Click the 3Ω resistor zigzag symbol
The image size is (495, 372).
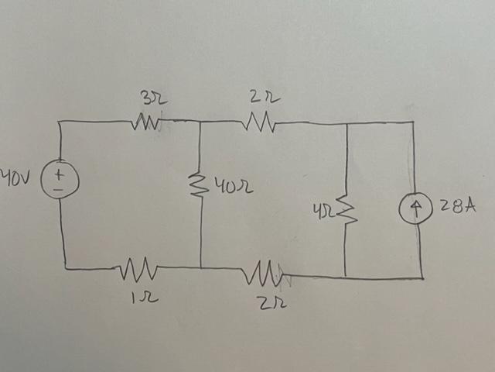tap(148, 122)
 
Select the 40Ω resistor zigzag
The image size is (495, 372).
tap(200, 186)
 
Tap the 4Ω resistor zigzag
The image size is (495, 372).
tap(346, 211)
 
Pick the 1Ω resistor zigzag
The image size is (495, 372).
tap(141, 270)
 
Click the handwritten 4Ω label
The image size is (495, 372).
tap(322, 212)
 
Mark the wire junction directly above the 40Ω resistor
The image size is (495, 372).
tap(200, 121)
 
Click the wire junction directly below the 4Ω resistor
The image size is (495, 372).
tap(346, 277)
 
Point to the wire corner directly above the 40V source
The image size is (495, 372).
tap(60, 122)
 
